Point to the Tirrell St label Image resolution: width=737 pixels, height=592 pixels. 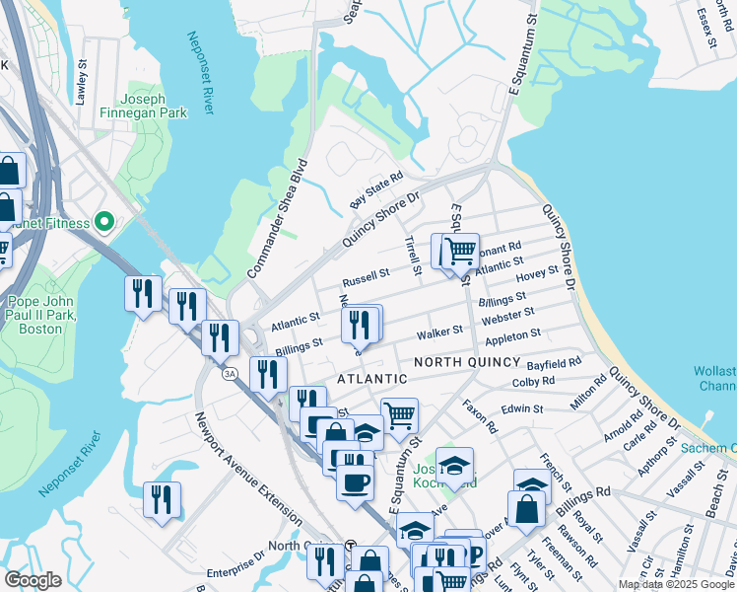click(x=414, y=255)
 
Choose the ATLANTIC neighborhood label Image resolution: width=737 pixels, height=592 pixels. click(x=371, y=379)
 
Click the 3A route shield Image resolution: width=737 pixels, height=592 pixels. click(x=231, y=374)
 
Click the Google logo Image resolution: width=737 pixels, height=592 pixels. click(x=33, y=580)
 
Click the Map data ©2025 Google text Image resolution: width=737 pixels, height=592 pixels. click(x=675, y=584)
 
